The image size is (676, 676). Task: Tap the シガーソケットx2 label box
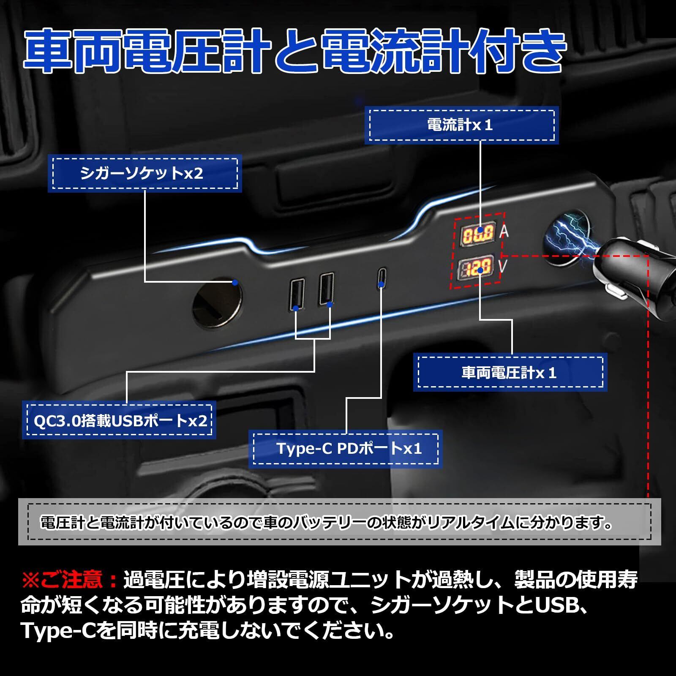tap(144, 174)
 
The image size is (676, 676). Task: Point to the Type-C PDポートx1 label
tap(345, 449)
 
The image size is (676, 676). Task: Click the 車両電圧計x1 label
tap(510, 373)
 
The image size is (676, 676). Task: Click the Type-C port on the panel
tap(381, 278)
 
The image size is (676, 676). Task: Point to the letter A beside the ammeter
tap(504, 232)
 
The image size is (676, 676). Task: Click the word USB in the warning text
tap(557, 606)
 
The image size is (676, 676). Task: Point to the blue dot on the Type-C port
tap(381, 284)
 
